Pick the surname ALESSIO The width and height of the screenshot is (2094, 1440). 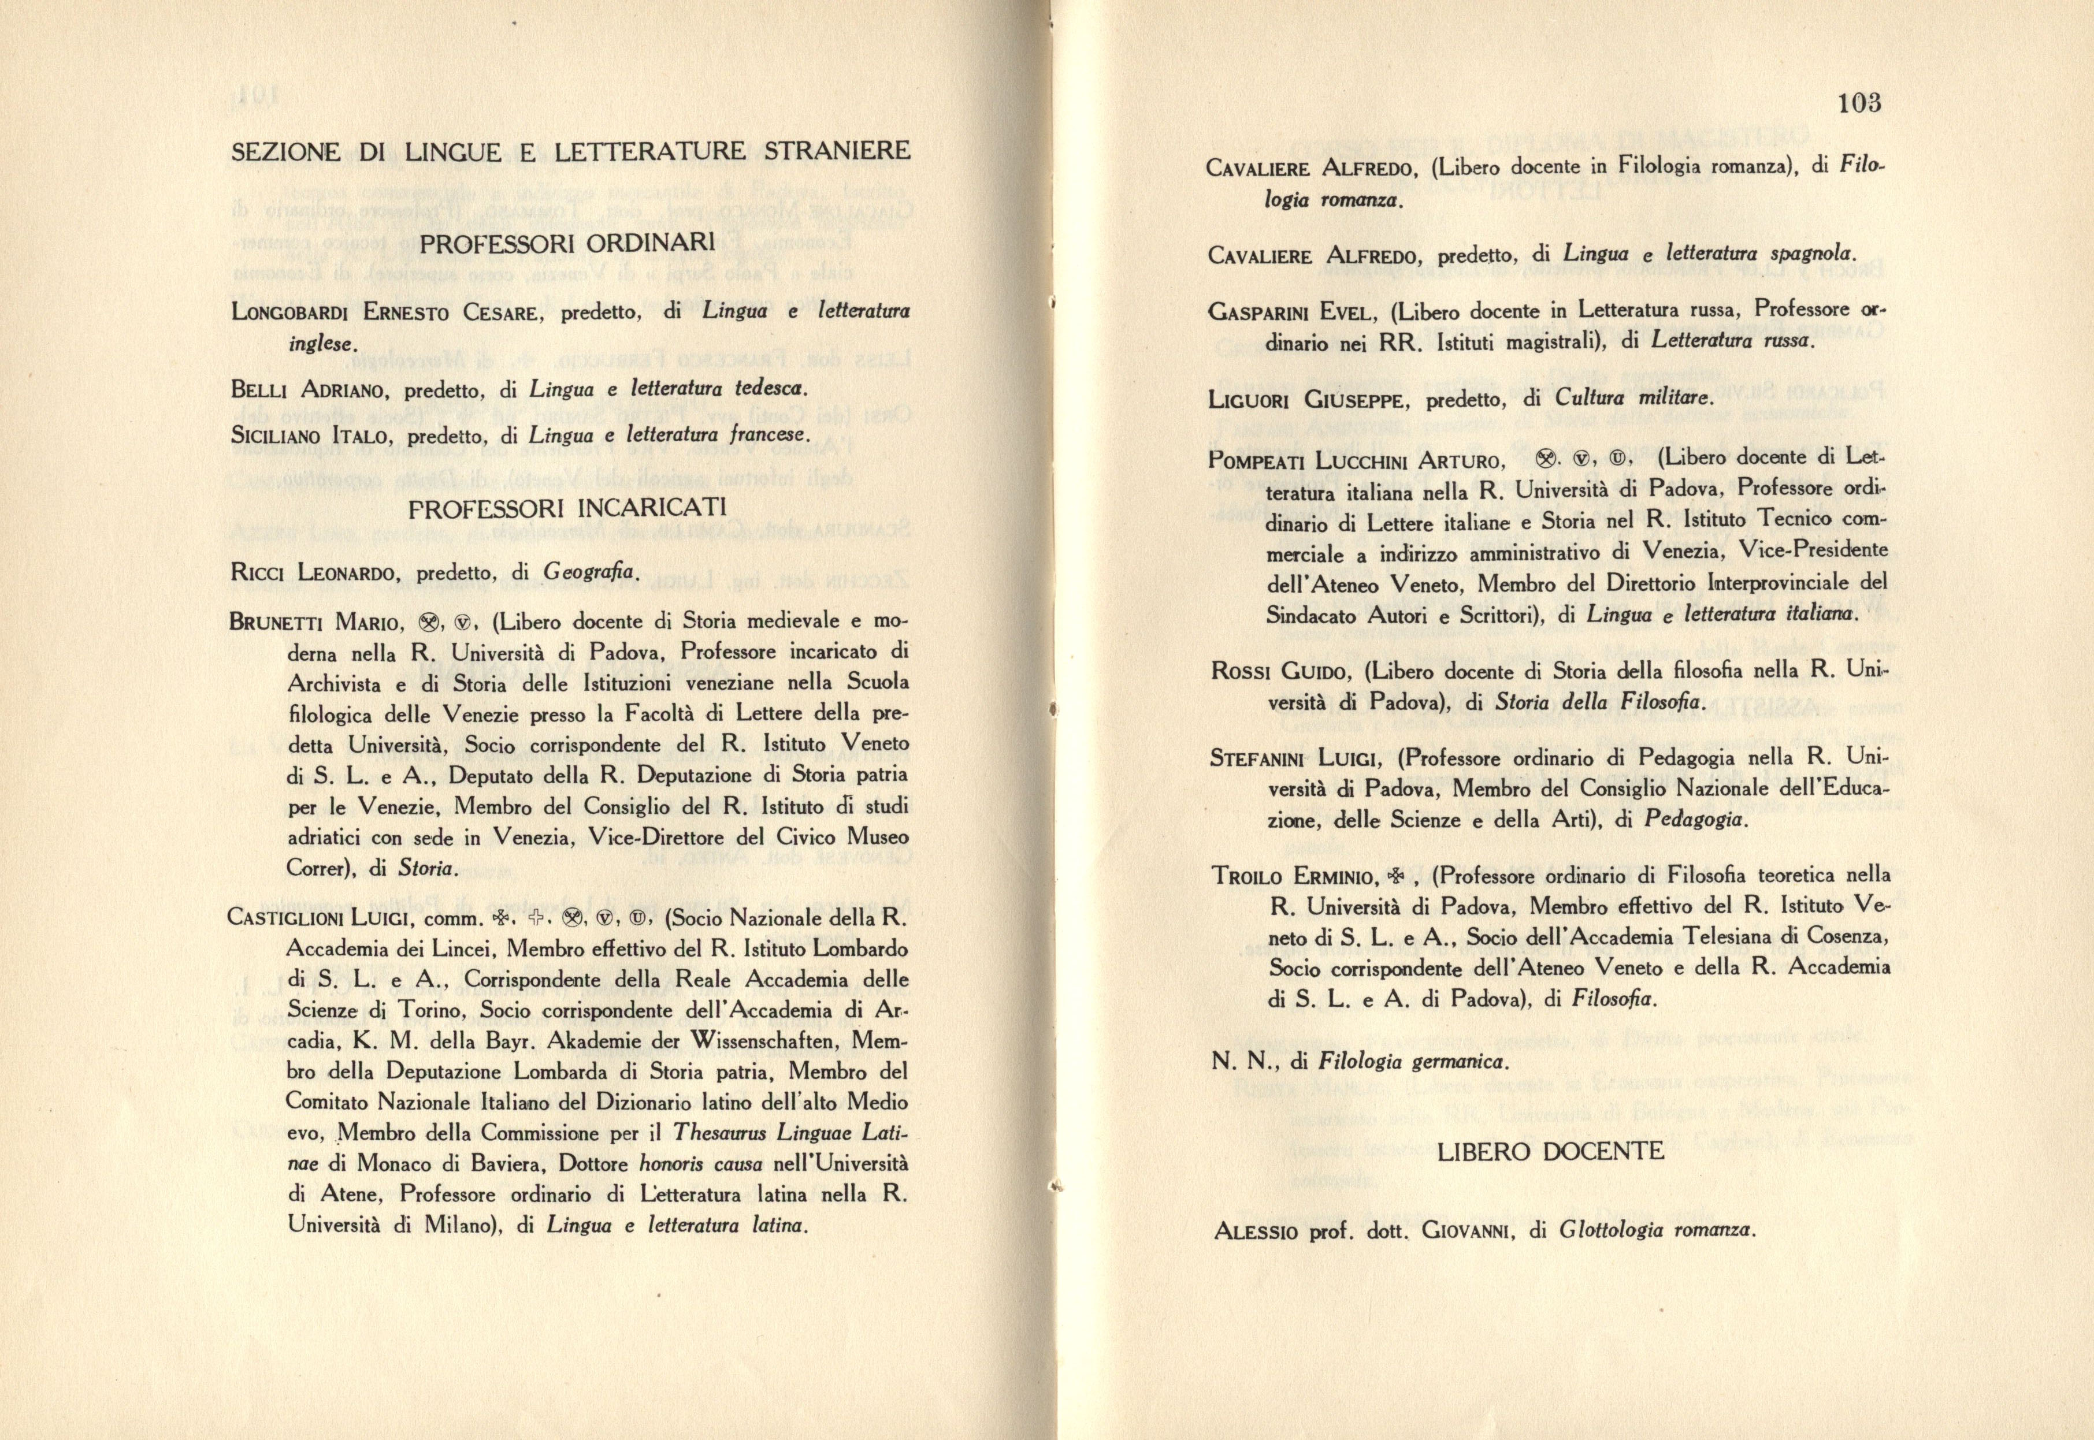tap(1250, 1231)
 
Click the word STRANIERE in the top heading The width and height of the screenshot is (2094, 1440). tap(842, 151)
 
